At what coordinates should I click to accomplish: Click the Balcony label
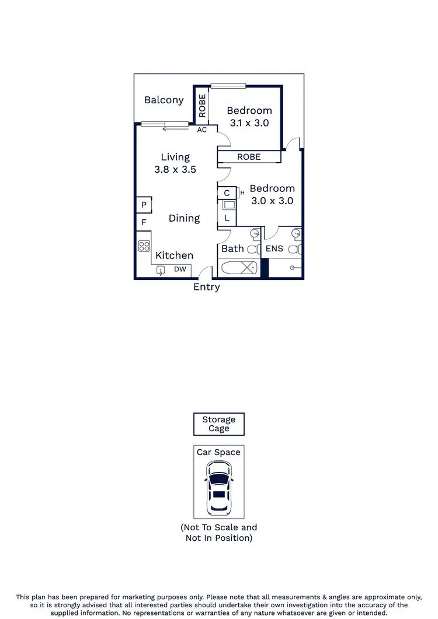pyautogui.click(x=164, y=100)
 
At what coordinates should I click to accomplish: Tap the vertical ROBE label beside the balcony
pyautogui.click(x=202, y=106)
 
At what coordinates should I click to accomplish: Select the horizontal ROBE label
pyautogui.click(x=249, y=157)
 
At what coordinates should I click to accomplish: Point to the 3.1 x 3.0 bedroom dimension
pyautogui.click(x=249, y=123)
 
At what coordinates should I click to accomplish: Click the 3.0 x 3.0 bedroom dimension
pyautogui.click(x=272, y=201)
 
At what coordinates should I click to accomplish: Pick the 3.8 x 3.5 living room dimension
pyautogui.click(x=175, y=170)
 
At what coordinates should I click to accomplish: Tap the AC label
pyautogui.click(x=202, y=130)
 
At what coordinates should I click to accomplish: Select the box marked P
pyautogui.click(x=144, y=205)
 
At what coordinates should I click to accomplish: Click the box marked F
pyautogui.click(x=144, y=222)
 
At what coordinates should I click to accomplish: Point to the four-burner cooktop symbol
pyautogui.click(x=144, y=246)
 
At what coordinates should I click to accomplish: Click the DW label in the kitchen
pyautogui.click(x=180, y=270)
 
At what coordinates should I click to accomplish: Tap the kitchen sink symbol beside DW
pyautogui.click(x=161, y=270)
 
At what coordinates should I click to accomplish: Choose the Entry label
pyautogui.click(x=207, y=287)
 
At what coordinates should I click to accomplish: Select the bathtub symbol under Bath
pyautogui.click(x=238, y=268)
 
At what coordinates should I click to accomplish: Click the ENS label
pyautogui.click(x=274, y=249)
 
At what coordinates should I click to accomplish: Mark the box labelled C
pyautogui.click(x=227, y=193)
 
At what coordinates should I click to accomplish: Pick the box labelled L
pyautogui.click(x=227, y=218)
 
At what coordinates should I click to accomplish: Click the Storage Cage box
pyautogui.click(x=219, y=424)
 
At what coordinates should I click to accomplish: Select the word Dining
pyautogui.click(x=185, y=218)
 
